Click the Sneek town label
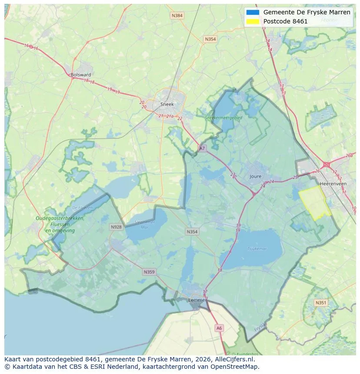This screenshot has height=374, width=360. click(x=167, y=104)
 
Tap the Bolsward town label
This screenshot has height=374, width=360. click(x=80, y=75)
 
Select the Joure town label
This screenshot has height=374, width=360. click(x=256, y=176)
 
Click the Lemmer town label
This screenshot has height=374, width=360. click(x=197, y=300)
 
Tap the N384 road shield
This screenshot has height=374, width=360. click(x=177, y=16)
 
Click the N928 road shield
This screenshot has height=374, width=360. click(x=116, y=227)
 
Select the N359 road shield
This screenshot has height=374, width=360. click(x=149, y=272)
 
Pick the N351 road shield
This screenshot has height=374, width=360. click(x=321, y=303)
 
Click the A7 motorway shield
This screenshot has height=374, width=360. click(x=202, y=148)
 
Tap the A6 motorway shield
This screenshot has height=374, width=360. click(x=219, y=328)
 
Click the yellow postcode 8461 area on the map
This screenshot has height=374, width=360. click(x=314, y=202)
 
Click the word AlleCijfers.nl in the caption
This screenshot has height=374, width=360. click(x=235, y=359)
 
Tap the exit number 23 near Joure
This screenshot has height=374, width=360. click(x=233, y=175)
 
